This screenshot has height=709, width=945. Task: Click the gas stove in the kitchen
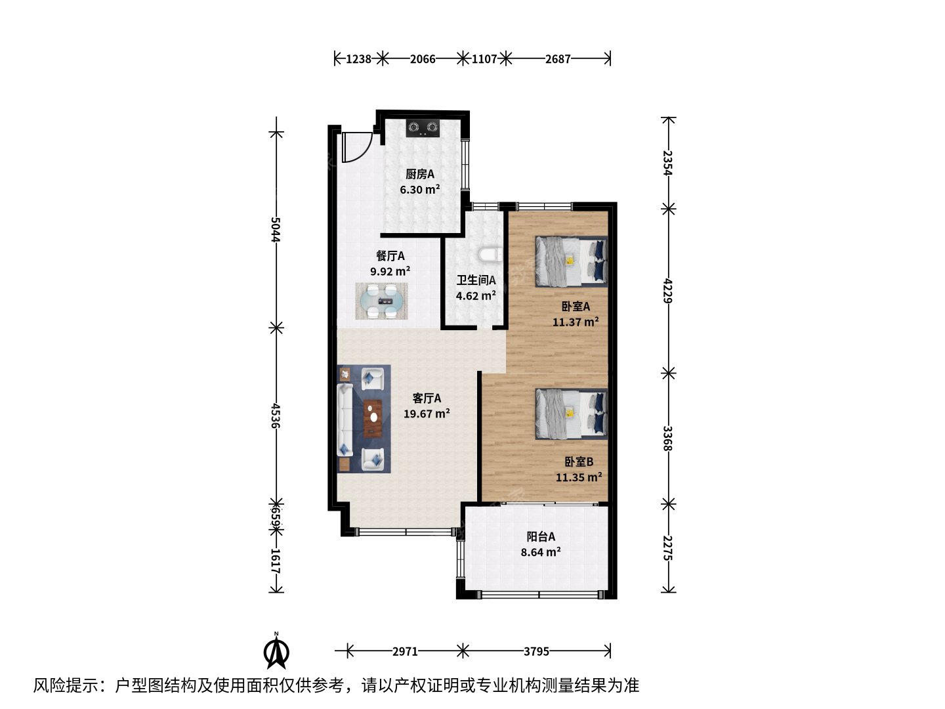[423, 128]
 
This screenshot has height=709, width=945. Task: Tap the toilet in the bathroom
[491, 255]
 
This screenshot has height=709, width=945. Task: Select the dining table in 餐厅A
[381, 301]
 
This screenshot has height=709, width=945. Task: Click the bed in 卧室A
[572, 261]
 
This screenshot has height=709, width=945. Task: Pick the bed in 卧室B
[572, 414]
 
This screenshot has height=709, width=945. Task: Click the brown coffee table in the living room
[373, 418]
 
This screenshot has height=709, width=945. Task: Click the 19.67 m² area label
[427, 414]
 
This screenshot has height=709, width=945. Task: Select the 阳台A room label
[541, 536]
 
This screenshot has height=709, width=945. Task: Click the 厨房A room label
[420, 174]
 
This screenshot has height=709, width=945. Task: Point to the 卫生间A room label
[476, 280]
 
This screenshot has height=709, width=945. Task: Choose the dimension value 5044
[276, 230]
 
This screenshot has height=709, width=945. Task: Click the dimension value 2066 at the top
[423, 58]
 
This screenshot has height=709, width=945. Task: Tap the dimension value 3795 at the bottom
[536, 651]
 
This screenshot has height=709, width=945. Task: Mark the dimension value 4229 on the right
[668, 291]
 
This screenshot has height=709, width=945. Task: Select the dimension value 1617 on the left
[276, 561]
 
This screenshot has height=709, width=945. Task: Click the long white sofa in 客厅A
[345, 419]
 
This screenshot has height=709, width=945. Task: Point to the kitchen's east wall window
[465, 164]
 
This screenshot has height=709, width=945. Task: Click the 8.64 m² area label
[541, 552]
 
